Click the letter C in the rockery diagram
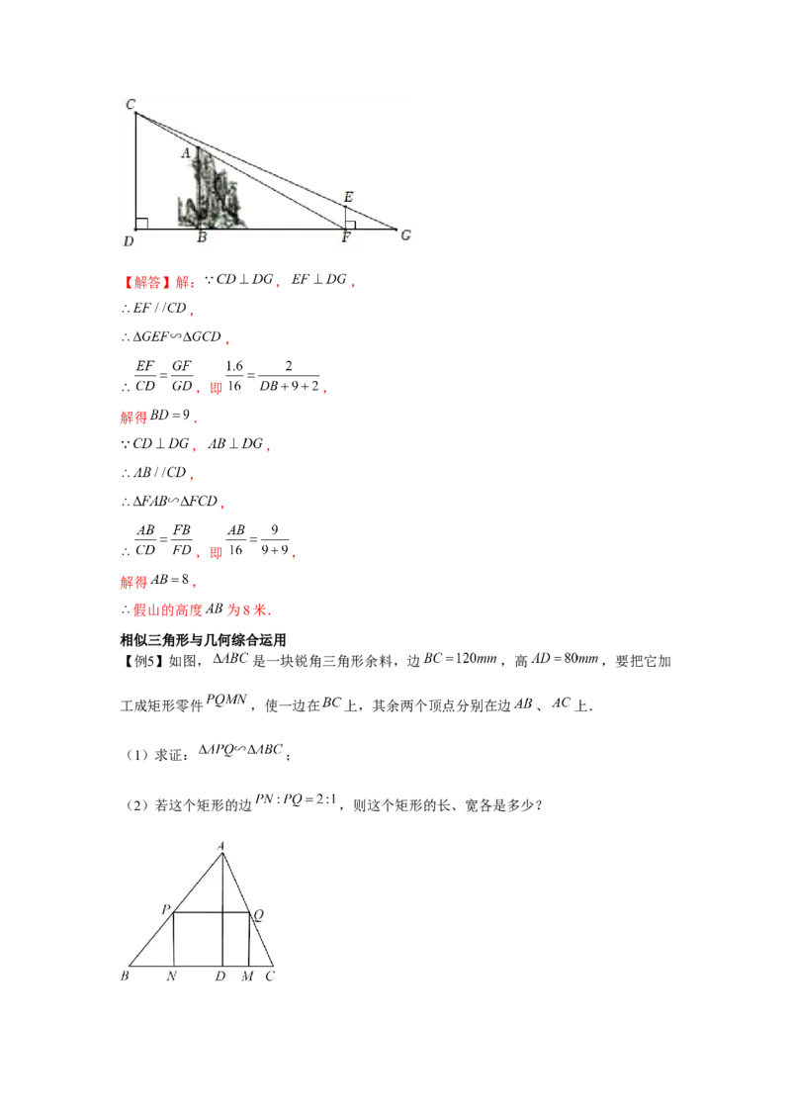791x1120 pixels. point(131,104)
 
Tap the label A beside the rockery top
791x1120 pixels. point(185,153)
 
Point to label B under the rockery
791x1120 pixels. point(202,238)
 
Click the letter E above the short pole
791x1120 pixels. point(347,197)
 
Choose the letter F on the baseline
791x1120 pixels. point(346,238)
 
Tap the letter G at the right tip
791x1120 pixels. point(405,234)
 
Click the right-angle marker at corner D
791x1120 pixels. point(142,224)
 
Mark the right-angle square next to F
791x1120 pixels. point(350,225)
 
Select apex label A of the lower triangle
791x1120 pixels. point(221,844)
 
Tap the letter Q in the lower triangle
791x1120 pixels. point(258,915)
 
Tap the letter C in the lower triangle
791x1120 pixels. point(269,977)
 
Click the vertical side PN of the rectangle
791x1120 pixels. point(174,940)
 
